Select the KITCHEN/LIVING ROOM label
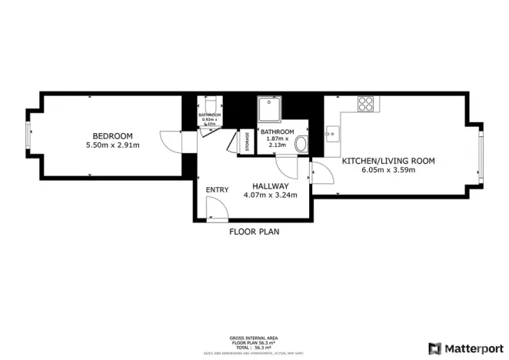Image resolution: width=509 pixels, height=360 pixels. pos(388,161)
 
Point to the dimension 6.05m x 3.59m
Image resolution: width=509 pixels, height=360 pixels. pos(388,170)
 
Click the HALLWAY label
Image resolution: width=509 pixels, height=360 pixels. pos(271,186)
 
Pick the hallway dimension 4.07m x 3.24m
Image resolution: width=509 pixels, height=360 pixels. pos(271,195)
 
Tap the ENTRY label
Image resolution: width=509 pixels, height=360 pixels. pos(217,190)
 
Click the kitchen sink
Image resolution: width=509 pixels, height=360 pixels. pos(331,134)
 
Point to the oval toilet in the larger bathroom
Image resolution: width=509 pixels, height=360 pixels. pos(301,144)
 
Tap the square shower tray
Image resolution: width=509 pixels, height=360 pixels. pos(270,108)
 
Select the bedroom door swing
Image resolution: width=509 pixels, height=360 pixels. pos(171,141)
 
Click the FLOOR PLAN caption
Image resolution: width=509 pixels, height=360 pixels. pos(254,230)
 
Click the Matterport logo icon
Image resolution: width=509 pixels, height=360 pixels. pos(434,348)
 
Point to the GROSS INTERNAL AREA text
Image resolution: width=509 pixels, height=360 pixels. pos(254,338)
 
